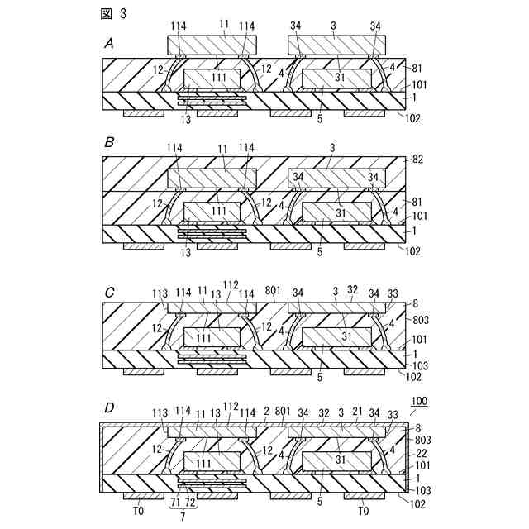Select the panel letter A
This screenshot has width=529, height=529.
point(109,43)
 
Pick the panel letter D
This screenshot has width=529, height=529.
point(109,406)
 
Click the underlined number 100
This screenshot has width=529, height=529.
point(419,401)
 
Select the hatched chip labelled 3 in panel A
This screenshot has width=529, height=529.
point(333,45)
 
